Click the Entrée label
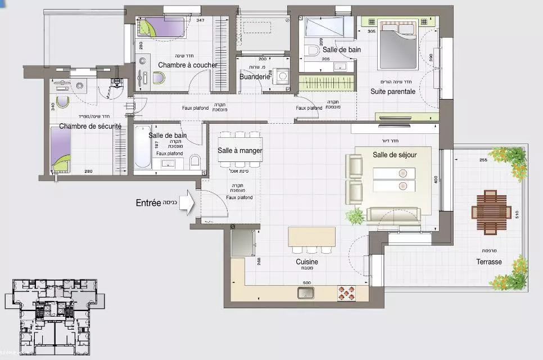149,203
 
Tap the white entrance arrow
187,204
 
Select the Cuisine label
307,262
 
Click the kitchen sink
306,292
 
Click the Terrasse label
489,262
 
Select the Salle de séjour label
394,155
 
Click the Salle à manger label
240,151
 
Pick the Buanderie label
255,77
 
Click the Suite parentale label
393,91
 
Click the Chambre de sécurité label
90,127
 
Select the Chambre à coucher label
187,65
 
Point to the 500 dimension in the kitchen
307,283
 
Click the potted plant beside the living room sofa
355,215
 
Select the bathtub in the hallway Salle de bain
142,146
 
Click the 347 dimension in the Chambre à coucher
200,21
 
